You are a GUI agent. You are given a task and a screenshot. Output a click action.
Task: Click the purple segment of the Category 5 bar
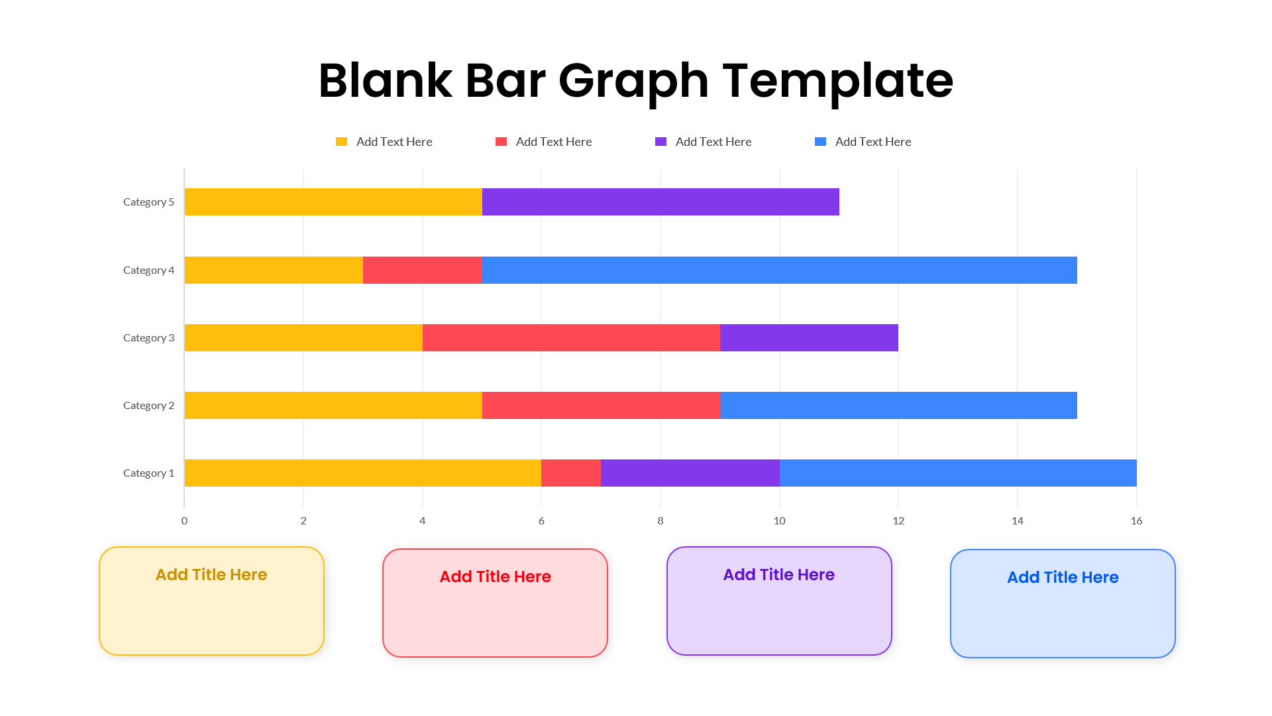[x=661, y=202]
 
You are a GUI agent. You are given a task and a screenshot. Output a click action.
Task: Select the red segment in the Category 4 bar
[x=422, y=270]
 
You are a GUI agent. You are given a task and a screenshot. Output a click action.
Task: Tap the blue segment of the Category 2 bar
[x=898, y=405]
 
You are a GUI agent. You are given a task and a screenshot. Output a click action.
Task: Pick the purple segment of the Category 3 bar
[x=809, y=337]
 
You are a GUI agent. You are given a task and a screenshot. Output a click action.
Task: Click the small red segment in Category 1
[x=571, y=473]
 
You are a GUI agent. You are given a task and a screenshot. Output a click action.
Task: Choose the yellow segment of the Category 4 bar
[x=274, y=270]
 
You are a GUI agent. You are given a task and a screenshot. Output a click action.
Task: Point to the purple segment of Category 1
[x=690, y=473]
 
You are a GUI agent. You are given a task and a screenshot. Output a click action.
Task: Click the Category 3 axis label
[x=148, y=337]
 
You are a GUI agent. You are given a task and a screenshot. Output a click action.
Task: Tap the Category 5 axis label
[x=148, y=202]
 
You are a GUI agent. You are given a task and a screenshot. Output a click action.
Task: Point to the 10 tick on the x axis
[x=779, y=520]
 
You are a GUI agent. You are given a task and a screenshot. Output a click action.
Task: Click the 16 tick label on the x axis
[x=1136, y=520]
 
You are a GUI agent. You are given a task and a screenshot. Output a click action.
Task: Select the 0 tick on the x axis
[x=184, y=520]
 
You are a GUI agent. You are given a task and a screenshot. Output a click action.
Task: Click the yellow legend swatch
[x=342, y=142]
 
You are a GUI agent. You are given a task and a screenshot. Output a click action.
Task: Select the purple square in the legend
[x=661, y=142]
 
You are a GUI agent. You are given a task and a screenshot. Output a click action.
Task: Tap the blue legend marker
[x=820, y=142]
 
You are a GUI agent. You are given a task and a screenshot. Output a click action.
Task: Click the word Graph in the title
[x=633, y=81]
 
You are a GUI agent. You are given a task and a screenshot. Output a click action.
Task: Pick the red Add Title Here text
[x=495, y=577]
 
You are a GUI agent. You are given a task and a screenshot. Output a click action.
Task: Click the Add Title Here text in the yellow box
[x=211, y=575]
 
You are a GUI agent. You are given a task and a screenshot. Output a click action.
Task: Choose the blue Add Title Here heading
[x=1063, y=577]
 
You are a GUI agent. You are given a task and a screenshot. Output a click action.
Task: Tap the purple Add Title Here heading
[x=778, y=575]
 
